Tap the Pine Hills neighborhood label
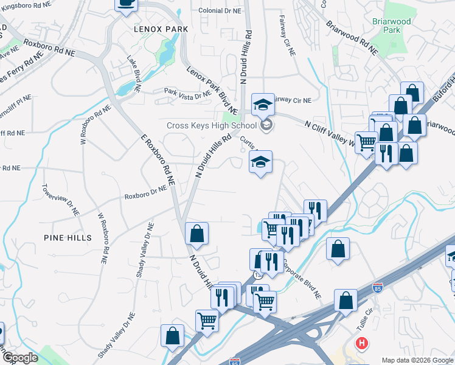68,237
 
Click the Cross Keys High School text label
212,126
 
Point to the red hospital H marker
363,344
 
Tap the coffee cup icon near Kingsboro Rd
126,3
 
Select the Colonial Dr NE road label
221,10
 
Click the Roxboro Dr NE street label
145,193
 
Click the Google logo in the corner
19,358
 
